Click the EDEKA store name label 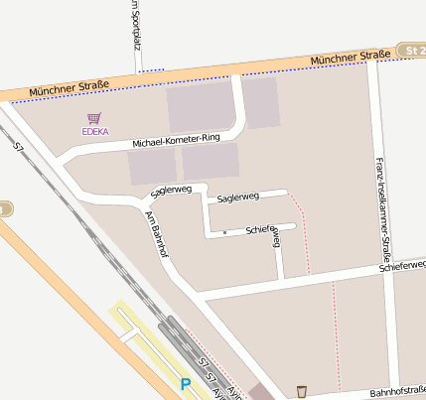coord(95,131)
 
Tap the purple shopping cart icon coord(94,117)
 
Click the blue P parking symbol coord(185,383)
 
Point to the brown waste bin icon coord(302,390)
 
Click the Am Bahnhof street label coord(157,235)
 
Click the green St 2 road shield coord(411,49)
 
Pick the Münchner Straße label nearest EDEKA coord(65,90)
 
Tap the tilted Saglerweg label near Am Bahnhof coord(171,190)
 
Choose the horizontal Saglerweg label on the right coord(237,198)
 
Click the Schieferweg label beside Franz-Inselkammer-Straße coord(402,266)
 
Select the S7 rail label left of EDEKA coord(17,146)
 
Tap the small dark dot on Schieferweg coord(225,232)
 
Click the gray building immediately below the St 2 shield coord(261,102)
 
